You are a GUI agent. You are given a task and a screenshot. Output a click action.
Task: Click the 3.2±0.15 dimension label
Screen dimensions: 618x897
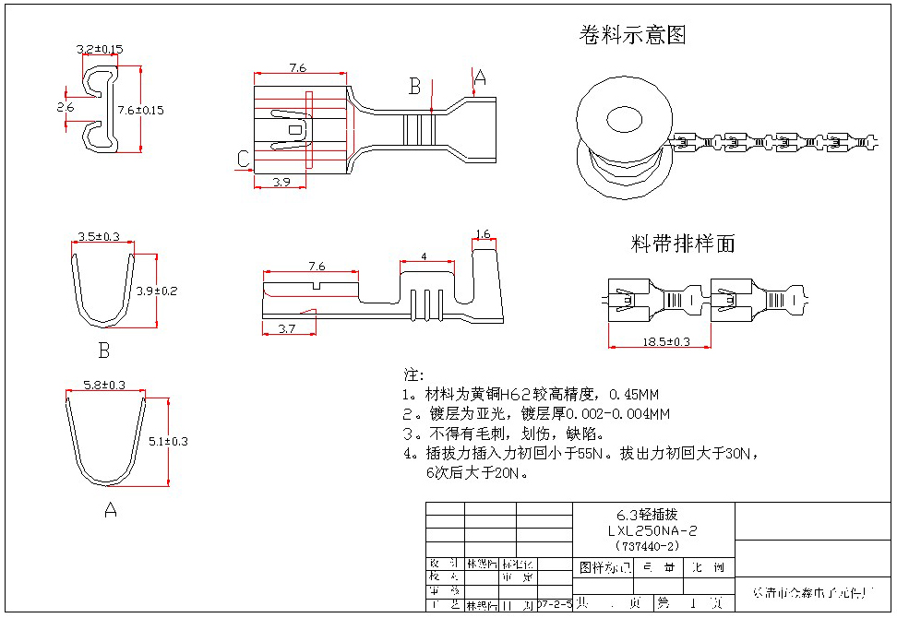[x=99, y=49]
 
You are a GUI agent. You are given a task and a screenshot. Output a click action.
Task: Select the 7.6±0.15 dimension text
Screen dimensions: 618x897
[x=139, y=110]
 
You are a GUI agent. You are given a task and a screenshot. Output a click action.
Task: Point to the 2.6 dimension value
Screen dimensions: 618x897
[x=65, y=107]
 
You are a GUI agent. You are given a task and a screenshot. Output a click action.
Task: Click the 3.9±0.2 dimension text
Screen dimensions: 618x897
[x=156, y=291]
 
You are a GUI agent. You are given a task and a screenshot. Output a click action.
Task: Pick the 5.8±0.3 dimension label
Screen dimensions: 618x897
[x=103, y=385]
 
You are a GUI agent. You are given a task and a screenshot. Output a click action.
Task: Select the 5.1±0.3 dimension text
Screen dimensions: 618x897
[x=168, y=441]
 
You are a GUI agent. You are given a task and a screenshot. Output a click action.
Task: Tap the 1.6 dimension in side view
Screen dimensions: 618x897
[x=483, y=234]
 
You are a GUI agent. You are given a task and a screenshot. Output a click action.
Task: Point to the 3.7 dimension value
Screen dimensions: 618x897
[x=286, y=328]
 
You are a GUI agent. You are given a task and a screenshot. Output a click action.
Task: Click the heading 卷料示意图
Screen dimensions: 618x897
[x=633, y=36]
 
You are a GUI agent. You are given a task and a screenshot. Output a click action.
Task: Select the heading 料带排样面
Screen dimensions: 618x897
[x=683, y=244]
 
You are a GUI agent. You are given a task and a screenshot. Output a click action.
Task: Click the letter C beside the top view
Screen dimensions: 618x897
[x=243, y=160]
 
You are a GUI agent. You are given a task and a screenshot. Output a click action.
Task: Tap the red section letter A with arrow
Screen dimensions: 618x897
[x=480, y=79]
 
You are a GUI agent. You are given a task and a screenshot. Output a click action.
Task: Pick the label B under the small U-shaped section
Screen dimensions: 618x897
[x=104, y=351]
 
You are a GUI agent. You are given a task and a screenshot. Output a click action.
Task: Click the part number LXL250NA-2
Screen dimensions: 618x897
[x=652, y=531]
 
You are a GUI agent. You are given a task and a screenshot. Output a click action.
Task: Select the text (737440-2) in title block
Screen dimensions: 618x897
[x=652, y=545]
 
